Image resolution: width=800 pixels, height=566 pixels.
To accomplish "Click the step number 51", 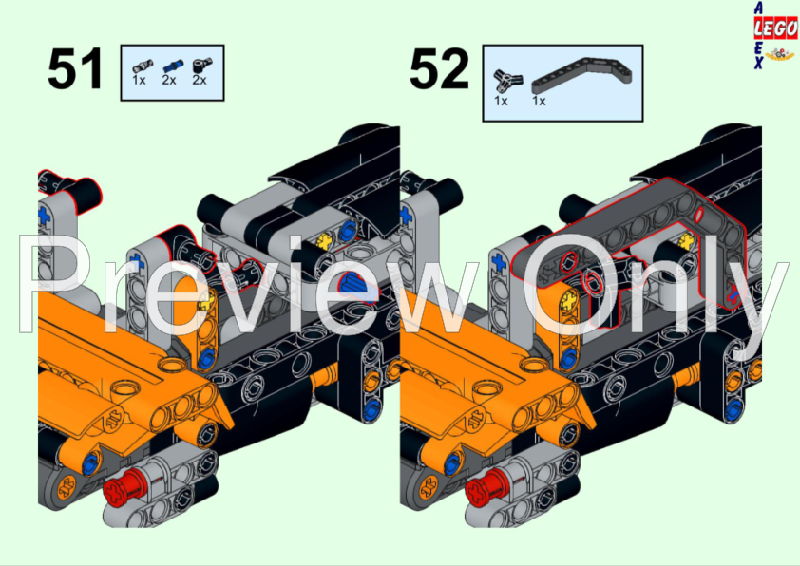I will coord(75,70).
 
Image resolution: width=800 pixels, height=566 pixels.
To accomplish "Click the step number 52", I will coord(439,70).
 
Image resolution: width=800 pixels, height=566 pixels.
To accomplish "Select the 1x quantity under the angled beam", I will coord(539,100).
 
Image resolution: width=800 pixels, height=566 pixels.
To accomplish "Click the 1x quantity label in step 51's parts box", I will coord(139,81).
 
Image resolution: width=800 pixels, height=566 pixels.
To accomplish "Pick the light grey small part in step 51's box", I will coord(140,65).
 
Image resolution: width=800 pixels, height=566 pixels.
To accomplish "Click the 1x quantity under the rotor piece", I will coord(501,100).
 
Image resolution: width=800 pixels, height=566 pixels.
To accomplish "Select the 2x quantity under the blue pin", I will coord(169,81).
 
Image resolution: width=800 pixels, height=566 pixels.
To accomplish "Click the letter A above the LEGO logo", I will coord(756,9).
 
